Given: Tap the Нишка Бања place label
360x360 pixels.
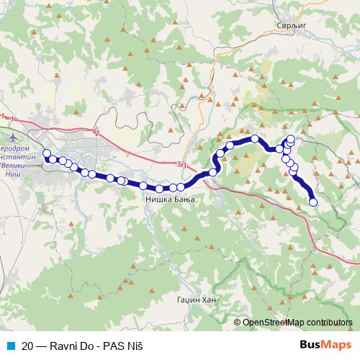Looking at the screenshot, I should point(166,200).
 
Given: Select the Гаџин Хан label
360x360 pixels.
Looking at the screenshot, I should point(195,299).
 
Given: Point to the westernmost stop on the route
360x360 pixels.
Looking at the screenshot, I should point(47,153).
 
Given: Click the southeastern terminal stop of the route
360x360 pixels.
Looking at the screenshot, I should point(313,202).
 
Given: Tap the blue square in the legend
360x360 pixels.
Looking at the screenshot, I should point(9,345).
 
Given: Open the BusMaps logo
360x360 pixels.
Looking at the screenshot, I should point(325,344).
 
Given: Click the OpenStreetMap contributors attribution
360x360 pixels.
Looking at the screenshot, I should point(297,322).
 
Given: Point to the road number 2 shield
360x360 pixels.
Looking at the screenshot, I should point(96,132).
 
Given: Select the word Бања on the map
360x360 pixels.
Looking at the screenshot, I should point(181,200).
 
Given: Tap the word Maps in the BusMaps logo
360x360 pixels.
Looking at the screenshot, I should point(337,344).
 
